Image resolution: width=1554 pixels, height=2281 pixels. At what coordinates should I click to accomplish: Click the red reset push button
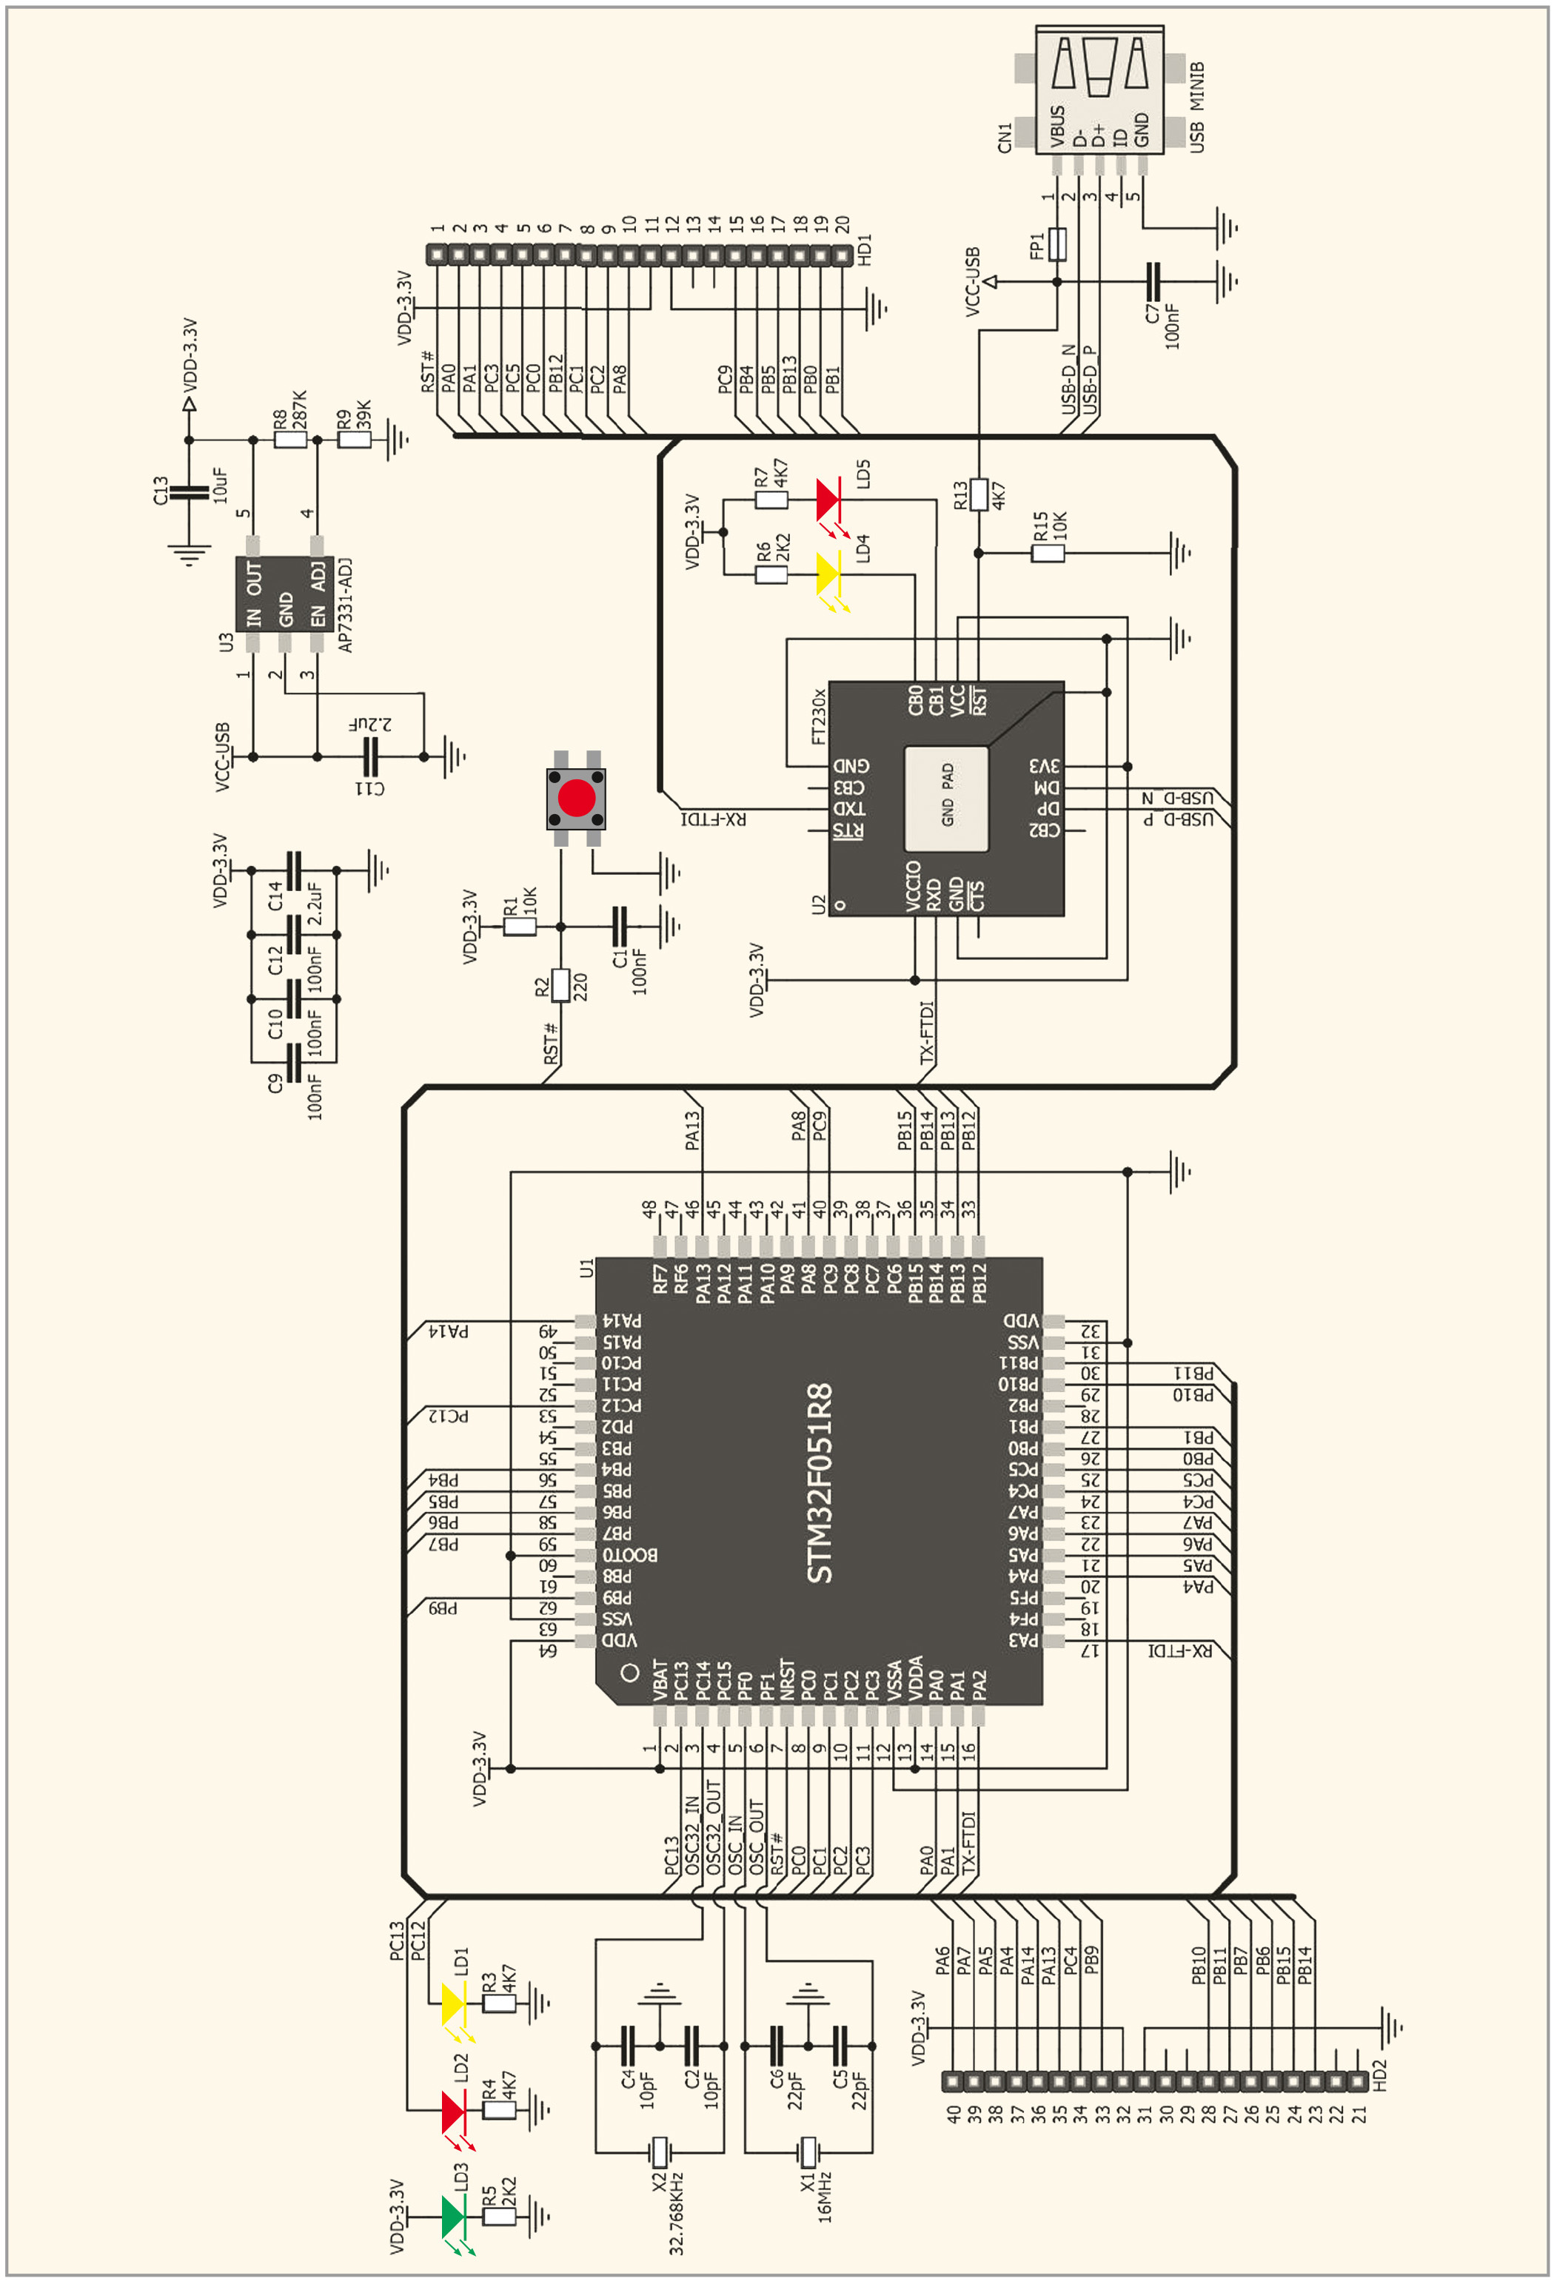pos(576,798)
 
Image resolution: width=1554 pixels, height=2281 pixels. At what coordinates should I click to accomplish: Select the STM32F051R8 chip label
pos(820,1483)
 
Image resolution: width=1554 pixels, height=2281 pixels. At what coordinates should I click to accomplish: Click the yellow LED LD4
pos(828,574)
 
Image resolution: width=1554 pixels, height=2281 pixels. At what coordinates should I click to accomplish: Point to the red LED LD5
pos(828,500)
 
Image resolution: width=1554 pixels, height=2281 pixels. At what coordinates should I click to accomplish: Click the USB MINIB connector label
pos(1196,107)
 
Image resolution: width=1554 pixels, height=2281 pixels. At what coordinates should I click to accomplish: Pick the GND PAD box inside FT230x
pos(946,798)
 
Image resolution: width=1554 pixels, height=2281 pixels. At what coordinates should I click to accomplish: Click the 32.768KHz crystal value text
pos(677,2212)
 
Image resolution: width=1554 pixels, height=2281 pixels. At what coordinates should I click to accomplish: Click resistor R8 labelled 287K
pos(290,440)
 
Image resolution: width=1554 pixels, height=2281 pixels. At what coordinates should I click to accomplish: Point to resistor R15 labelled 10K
pos(1048,553)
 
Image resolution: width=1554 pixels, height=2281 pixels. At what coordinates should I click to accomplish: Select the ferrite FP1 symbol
pos(1057,243)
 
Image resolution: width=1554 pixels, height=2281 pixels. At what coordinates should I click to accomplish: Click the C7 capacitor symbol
pos(1153,282)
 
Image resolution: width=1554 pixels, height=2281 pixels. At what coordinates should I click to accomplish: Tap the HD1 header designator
pos(865,250)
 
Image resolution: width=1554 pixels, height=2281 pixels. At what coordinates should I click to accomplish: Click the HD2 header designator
pos(1379,2075)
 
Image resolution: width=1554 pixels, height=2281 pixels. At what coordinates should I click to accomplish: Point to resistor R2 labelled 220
pos(560,985)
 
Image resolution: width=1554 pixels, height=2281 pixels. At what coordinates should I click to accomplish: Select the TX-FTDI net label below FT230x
pos(928,1032)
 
